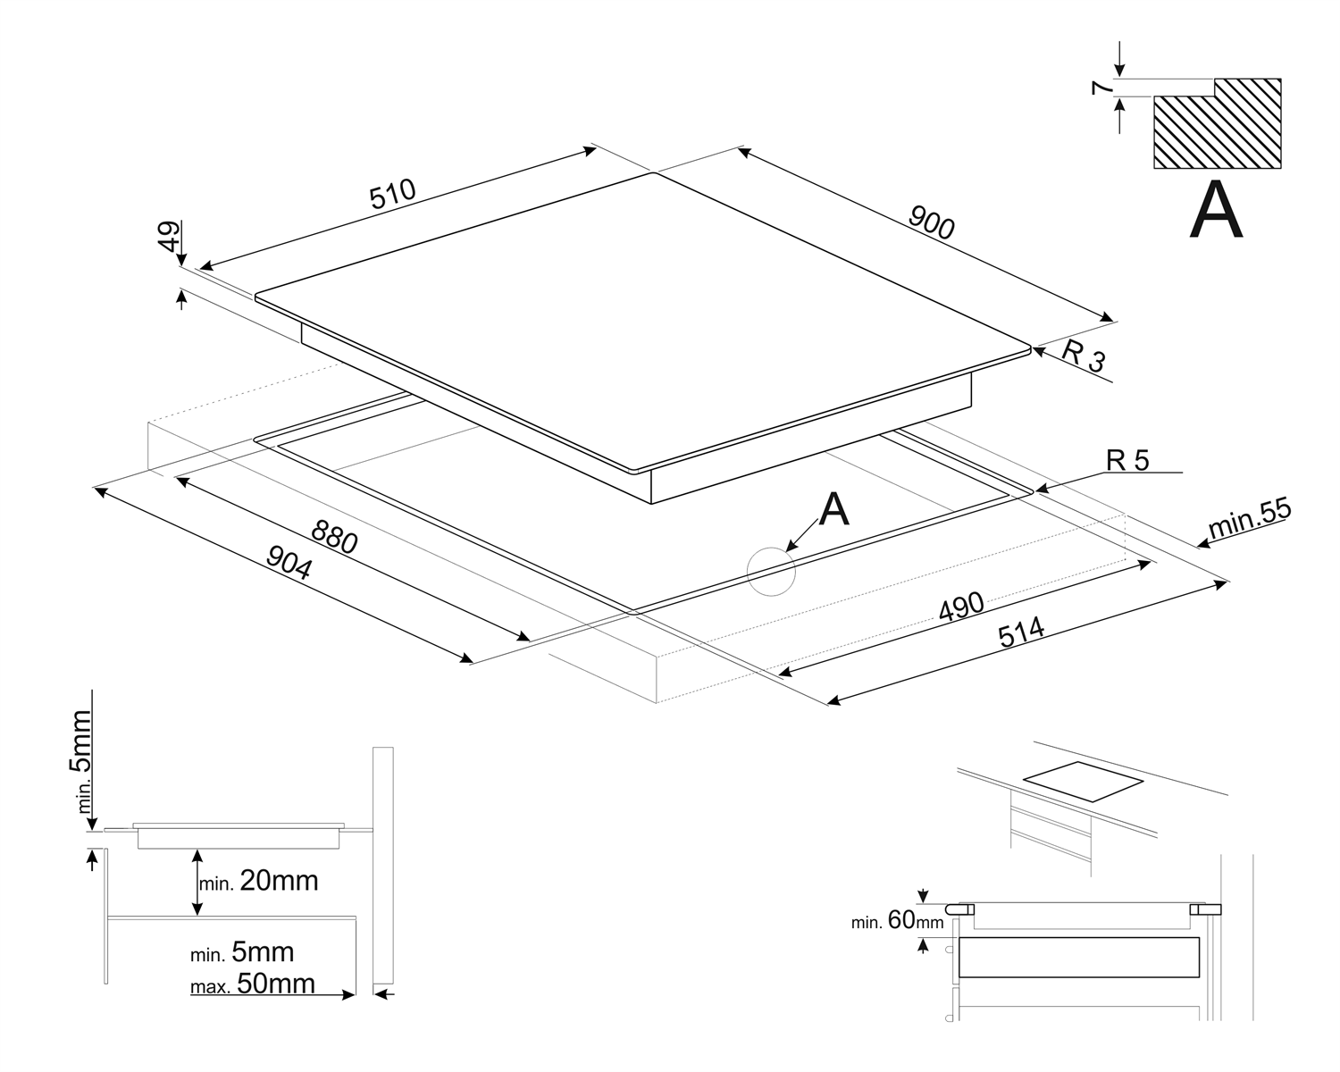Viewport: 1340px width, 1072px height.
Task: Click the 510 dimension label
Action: tap(394, 195)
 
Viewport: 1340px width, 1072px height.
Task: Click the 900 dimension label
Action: tap(931, 222)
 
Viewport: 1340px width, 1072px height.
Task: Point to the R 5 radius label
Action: tap(1127, 460)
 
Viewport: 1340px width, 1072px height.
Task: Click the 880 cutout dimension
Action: tap(334, 537)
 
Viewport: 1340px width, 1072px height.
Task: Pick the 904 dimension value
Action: tap(289, 563)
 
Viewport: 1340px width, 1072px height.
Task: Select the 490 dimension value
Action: tap(961, 607)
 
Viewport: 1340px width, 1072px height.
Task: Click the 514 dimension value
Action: tap(1021, 633)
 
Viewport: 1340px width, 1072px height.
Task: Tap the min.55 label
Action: tap(1250, 519)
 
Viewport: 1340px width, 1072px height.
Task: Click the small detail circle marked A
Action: tap(771, 570)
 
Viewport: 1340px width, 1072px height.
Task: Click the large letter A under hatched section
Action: tap(1216, 211)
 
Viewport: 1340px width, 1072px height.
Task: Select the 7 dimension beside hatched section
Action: tap(1102, 88)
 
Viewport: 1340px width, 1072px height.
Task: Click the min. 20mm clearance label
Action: tap(258, 882)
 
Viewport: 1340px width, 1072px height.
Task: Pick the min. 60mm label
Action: tap(897, 920)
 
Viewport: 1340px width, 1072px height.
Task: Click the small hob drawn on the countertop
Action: tap(1083, 783)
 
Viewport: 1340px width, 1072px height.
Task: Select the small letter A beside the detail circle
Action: tap(833, 509)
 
